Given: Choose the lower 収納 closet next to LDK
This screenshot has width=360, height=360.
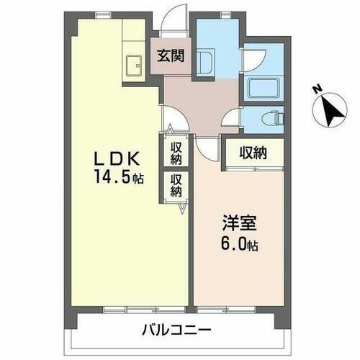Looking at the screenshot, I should pyautogui.click(x=176, y=185).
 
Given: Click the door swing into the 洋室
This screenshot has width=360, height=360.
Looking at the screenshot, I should pyautogui.click(x=207, y=146).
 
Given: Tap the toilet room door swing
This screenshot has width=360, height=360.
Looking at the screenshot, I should pyautogui.click(x=232, y=119).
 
